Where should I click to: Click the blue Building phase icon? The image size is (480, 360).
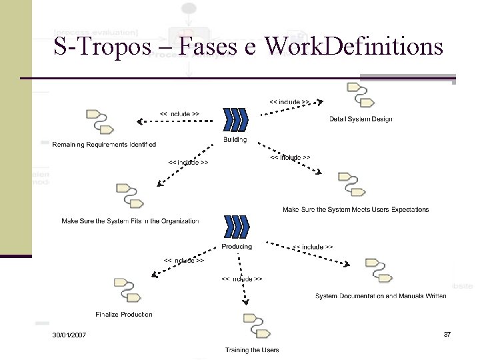(236, 119)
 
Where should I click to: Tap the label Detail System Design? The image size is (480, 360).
(361, 119)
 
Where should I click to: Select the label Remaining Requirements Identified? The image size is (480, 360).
(104, 144)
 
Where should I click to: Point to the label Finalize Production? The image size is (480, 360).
(124, 314)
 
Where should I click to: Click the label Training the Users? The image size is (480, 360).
(252, 350)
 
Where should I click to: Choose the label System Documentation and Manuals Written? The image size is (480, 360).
(381, 295)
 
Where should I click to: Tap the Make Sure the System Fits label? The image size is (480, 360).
(130, 221)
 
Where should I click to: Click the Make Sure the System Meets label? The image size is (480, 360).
(355, 209)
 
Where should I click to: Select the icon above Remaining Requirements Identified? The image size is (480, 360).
(99, 121)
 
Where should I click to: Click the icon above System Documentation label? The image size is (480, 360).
(377, 269)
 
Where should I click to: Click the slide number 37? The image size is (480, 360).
(447, 333)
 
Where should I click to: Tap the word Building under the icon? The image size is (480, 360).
(235, 139)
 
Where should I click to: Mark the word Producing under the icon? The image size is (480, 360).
(237, 246)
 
